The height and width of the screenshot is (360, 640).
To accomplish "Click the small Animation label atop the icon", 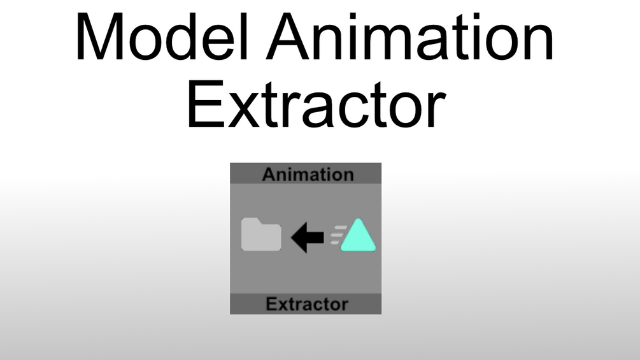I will click(308, 175).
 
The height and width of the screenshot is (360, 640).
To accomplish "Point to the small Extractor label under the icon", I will click(307, 304).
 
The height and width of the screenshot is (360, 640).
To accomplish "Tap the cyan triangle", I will click(358, 236).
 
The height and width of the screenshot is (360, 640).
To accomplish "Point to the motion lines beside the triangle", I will click(335, 234).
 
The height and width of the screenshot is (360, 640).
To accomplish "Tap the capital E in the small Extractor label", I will click(270, 304).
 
